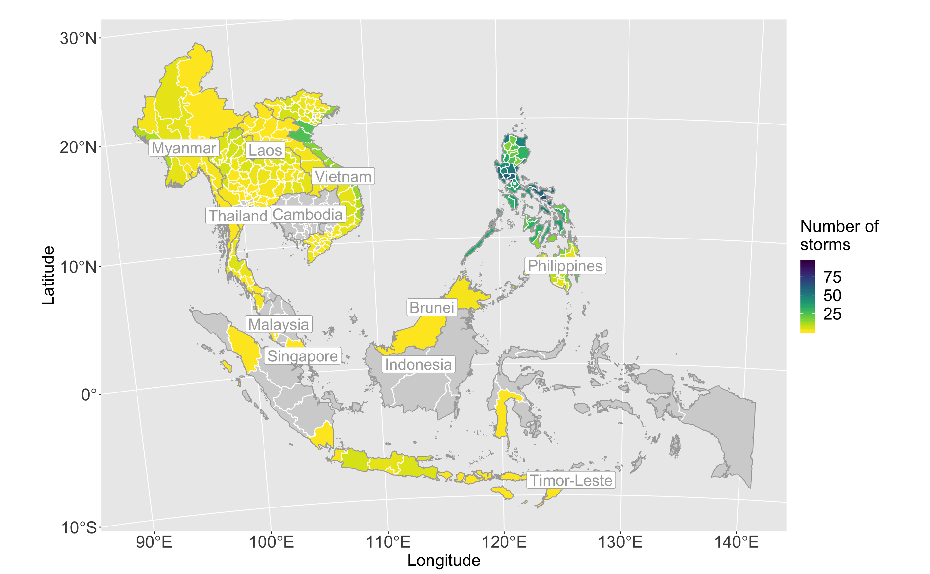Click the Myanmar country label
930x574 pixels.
point(184,148)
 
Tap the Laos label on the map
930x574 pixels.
point(265,150)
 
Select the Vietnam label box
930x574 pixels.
point(343,177)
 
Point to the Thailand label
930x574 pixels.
point(238,216)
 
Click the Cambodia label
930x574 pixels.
point(308,215)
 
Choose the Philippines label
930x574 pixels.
point(565,266)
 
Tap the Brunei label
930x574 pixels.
point(432,308)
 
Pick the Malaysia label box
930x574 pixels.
point(279,325)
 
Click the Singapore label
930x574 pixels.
point(303,356)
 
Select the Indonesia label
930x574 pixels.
point(418,364)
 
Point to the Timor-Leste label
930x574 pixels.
point(571,480)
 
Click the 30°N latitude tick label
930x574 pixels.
point(78,39)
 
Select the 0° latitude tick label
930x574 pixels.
point(89,395)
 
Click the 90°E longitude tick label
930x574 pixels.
point(154,542)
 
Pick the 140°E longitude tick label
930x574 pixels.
point(737,542)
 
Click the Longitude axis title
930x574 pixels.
point(444,560)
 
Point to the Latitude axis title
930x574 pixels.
point(48,275)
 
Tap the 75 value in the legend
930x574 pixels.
point(832,277)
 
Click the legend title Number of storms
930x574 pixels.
point(839,235)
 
